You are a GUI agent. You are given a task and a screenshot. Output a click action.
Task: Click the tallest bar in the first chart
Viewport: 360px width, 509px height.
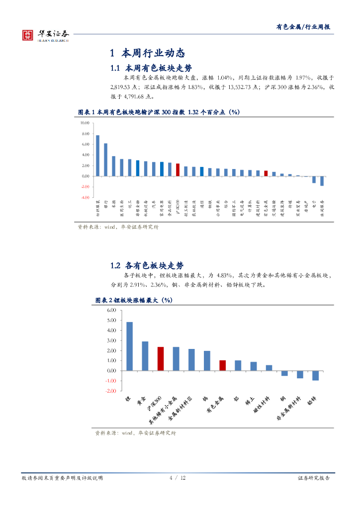(97, 155)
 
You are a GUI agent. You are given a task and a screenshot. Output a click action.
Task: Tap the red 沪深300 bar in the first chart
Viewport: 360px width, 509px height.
(178, 170)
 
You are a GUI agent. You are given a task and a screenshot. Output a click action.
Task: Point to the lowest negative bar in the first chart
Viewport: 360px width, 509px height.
(322, 181)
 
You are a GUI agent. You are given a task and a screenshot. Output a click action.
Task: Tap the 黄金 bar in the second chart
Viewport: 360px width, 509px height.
(145, 356)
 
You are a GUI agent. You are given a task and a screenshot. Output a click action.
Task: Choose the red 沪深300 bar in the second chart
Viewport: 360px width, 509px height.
(161, 358)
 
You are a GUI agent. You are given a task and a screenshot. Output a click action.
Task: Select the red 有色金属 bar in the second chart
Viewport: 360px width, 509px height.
(222, 365)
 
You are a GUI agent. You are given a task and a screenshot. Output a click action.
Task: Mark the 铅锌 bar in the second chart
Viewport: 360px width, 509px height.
(315, 375)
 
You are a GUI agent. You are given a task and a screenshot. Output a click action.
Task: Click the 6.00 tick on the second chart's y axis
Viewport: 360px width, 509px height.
(111, 310)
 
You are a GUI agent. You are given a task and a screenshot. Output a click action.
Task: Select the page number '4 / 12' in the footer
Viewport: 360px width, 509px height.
(178, 478)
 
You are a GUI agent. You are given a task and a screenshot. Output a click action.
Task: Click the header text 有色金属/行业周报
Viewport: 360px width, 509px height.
(303, 27)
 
